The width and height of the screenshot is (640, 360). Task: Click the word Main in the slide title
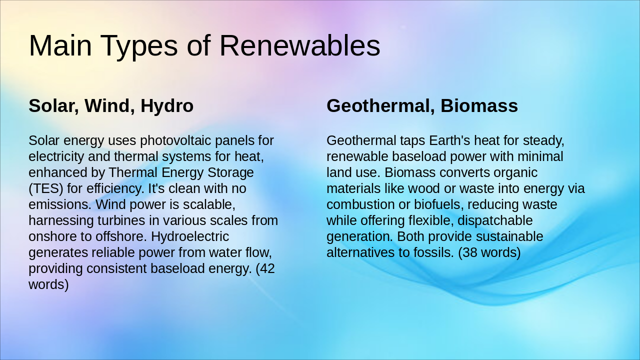[60, 46]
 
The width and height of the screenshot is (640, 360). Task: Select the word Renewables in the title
[299, 46]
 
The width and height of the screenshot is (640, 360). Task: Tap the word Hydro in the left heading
[167, 106]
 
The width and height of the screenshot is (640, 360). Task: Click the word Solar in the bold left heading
[52, 106]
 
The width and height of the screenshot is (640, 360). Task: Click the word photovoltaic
[180, 140]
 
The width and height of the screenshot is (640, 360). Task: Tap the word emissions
[60, 204]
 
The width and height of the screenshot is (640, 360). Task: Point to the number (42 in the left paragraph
[265, 268]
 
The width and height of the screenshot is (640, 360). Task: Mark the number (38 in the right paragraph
[467, 252]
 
